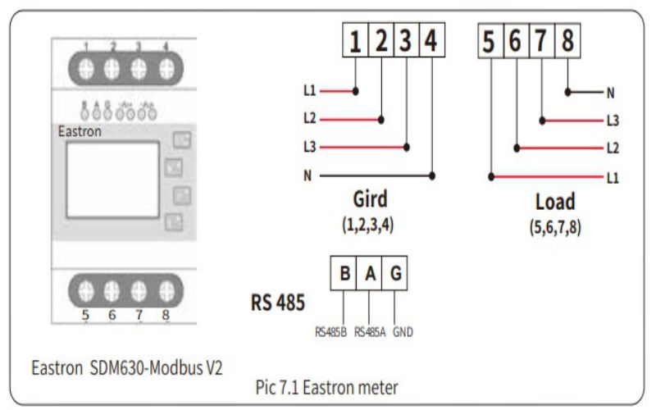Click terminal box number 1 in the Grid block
click(355, 41)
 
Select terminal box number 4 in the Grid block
click(431, 41)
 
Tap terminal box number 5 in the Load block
click(490, 41)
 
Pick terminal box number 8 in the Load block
click(567, 41)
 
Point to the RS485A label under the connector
click(370, 332)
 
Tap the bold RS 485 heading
click(277, 303)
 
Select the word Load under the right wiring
click(555, 202)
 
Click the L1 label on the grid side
click(309, 89)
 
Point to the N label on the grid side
click(308, 175)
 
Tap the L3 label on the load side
click(612, 121)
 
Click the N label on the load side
click(610, 93)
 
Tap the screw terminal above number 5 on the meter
click(87, 289)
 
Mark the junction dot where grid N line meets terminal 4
click(432, 175)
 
